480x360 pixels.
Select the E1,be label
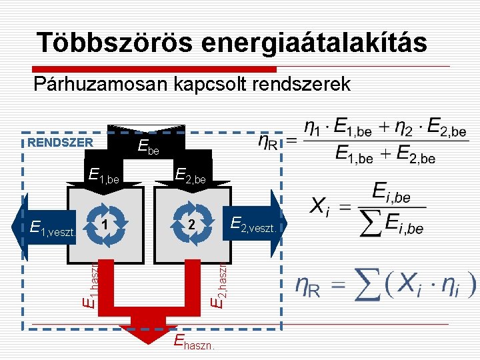[x=104, y=176]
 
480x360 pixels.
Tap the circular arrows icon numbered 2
[x=191, y=225]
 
